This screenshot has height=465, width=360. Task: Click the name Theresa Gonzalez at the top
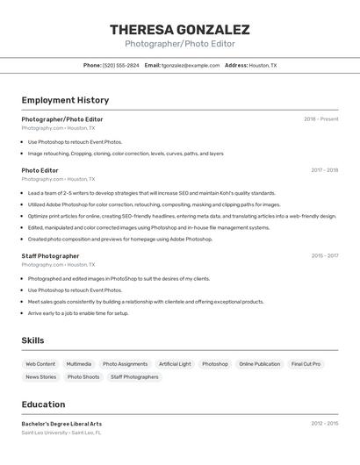pyautogui.click(x=179, y=29)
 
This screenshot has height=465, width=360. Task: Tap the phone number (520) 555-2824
pyautogui.click(x=120, y=65)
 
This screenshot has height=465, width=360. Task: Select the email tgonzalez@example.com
pyautogui.click(x=191, y=65)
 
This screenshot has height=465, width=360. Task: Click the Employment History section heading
pyautogui.click(x=65, y=100)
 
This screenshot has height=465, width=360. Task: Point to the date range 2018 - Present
pyautogui.click(x=320, y=119)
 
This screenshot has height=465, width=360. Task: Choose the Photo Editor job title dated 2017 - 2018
pyautogui.click(x=40, y=170)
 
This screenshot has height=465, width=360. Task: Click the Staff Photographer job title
pyautogui.click(x=50, y=256)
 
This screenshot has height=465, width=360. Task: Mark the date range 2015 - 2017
pyautogui.click(x=324, y=256)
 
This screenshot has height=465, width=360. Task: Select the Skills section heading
pyautogui.click(x=33, y=340)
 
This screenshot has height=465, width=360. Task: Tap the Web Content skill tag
pyautogui.click(x=40, y=364)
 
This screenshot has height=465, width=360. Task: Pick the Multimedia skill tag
pyautogui.click(x=78, y=364)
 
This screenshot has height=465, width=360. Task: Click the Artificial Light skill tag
pyautogui.click(x=175, y=364)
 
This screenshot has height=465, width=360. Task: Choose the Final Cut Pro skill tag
pyautogui.click(x=306, y=364)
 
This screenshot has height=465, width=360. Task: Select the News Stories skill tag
pyautogui.click(x=40, y=377)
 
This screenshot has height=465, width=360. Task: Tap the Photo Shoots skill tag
pyautogui.click(x=83, y=377)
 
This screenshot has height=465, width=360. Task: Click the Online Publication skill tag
pyautogui.click(x=259, y=364)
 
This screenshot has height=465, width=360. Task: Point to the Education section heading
pyautogui.click(x=43, y=404)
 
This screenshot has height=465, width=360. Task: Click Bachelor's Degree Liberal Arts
pyautogui.click(x=61, y=424)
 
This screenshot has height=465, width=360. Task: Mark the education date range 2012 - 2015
pyautogui.click(x=324, y=424)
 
